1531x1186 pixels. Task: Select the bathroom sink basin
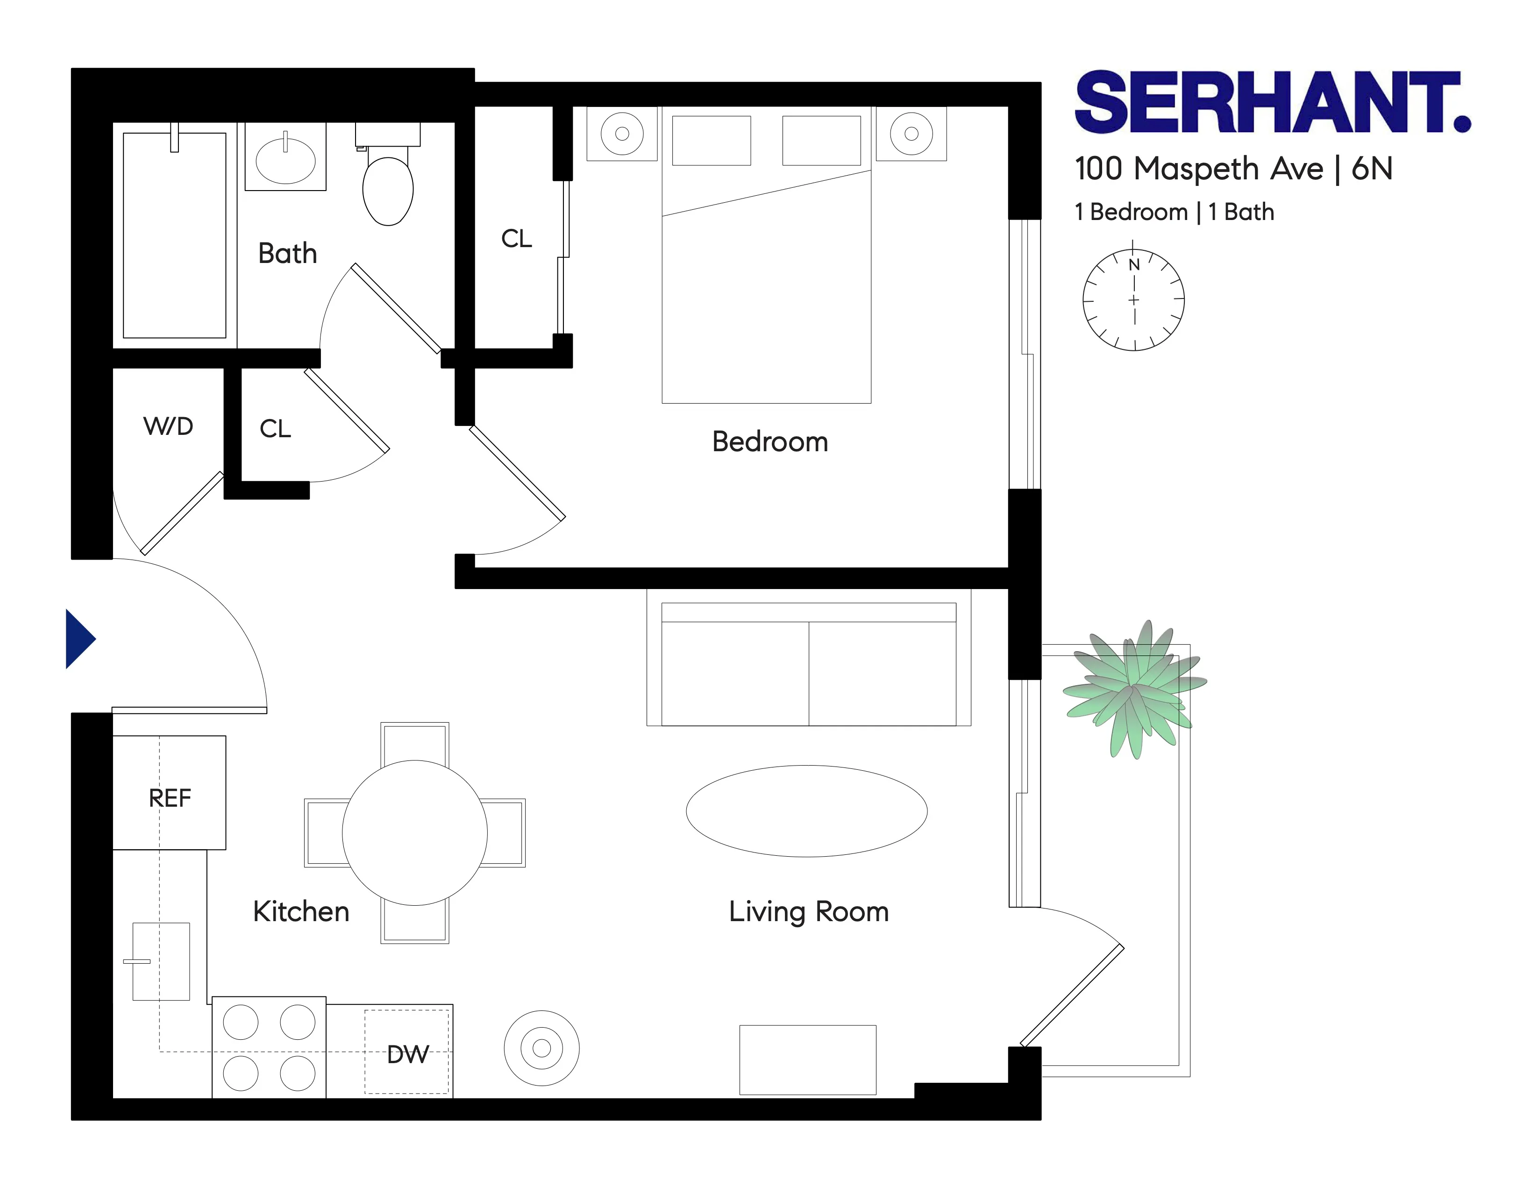tap(285, 161)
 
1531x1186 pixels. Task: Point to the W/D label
tap(168, 426)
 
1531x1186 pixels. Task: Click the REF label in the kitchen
tap(170, 798)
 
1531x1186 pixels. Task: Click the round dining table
tap(414, 833)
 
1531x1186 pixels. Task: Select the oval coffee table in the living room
tap(806, 811)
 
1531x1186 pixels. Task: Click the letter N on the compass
tap(1133, 265)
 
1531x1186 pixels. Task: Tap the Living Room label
tap(808, 912)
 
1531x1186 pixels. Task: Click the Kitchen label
tap(301, 912)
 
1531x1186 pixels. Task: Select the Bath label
tap(287, 254)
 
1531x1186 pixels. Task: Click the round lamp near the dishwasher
tap(541, 1048)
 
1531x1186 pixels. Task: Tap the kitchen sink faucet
tap(137, 961)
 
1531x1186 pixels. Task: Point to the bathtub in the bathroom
tap(175, 235)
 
